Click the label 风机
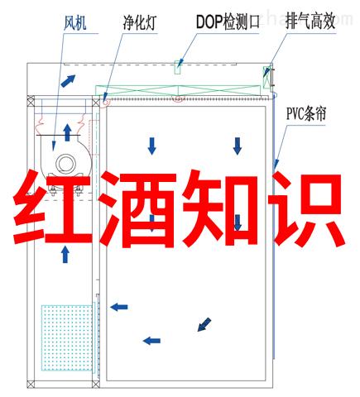(x=74, y=22)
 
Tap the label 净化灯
(x=139, y=22)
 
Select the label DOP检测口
(x=228, y=22)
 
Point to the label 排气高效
(x=310, y=21)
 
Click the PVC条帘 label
(x=306, y=113)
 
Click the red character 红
(x=53, y=208)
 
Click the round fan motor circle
(x=66, y=164)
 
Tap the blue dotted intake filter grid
(x=67, y=337)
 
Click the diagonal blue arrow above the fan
(x=68, y=81)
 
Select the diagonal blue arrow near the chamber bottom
(x=204, y=324)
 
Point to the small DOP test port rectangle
(x=178, y=67)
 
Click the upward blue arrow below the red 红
(x=65, y=255)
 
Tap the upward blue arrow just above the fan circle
(x=67, y=132)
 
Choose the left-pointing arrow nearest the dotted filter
(x=119, y=307)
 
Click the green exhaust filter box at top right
(x=266, y=77)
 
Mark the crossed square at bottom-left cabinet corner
(x=31, y=384)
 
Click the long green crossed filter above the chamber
(x=178, y=90)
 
